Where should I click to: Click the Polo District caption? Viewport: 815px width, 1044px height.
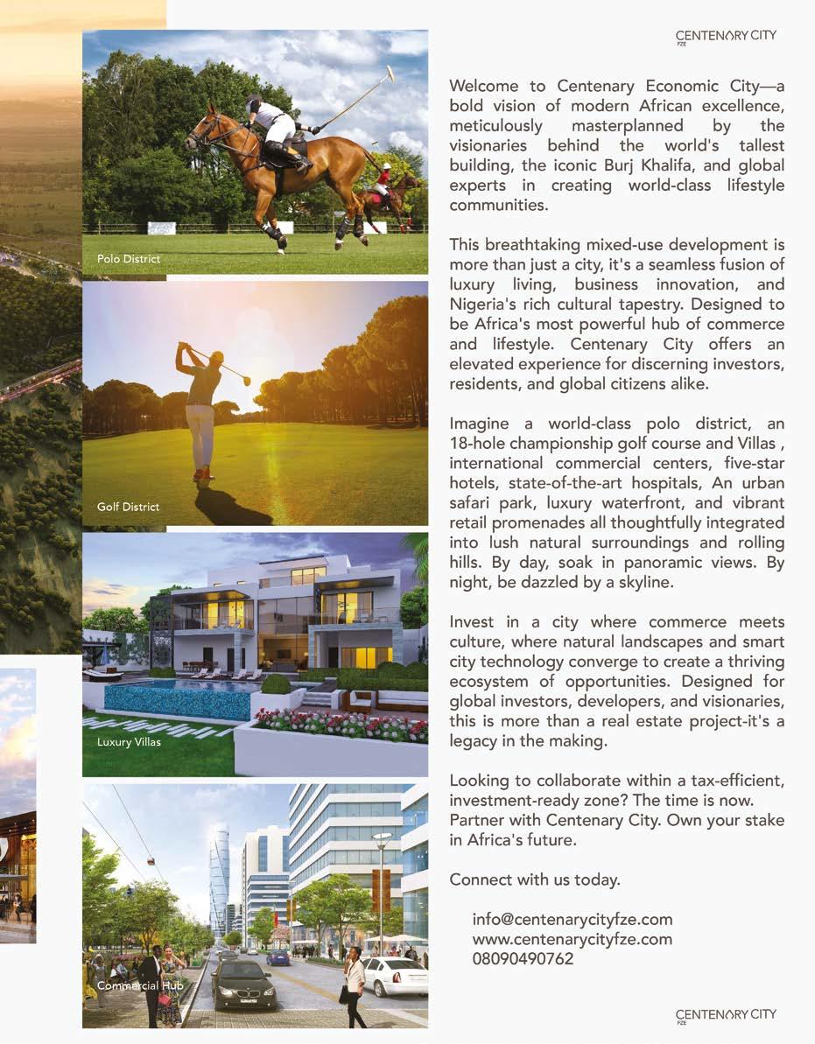pyautogui.click(x=129, y=259)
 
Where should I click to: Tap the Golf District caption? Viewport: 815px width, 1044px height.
pyautogui.click(x=128, y=507)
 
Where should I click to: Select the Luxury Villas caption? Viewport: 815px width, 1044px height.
pyautogui.click(x=129, y=742)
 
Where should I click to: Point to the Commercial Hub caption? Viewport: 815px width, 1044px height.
pyautogui.click(x=139, y=985)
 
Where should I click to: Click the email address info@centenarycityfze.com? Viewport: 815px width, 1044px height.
pyautogui.click(x=572, y=920)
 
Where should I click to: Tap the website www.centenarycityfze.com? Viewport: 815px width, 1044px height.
pyautogui.click(x=572, y=939)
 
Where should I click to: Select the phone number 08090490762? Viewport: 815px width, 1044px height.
pyautogui.click(x=523, y=958)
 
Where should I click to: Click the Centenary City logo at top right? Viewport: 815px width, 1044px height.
pyautogui.click(x=726, y=36)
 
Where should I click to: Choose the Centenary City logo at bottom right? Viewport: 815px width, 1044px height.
pyautogui.click(x=726, y=1014)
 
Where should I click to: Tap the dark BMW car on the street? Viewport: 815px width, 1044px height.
pyautogui.click(x=242, y=983)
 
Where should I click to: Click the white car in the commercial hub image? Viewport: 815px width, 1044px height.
pyautogui.click(x=394, y=976)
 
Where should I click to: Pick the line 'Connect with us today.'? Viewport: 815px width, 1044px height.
pyautogui.click(x=534, y=879)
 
